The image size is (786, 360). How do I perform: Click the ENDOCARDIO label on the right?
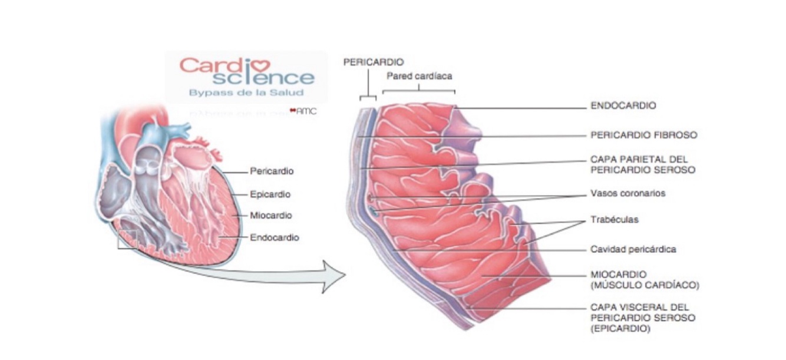pyautogui.click(x=623, y=106)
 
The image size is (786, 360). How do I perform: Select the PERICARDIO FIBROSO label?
pyautogui.click(x=643, y=135)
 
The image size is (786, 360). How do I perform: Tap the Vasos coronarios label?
pyautogui.click(x=628, y=193)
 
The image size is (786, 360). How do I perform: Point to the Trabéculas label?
pyautogui.click(x=614, y=219)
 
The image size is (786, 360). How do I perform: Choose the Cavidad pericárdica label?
pyautogui.click(x=633, y=249)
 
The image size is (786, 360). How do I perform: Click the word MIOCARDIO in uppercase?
pyautogui.click(x=618, y=275)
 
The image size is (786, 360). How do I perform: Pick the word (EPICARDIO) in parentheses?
pyautogui.click(x=620, y=329)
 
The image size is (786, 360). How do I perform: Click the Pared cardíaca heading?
pyautogui.click(x=419, y=76)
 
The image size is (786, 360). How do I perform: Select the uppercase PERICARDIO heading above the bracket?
pyautogui.click(x=374, y=62)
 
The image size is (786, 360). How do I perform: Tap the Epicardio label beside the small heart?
pyautogui.click(x=270, y=194)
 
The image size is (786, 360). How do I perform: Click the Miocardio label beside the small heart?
pyautogui.click(x=270, y=216)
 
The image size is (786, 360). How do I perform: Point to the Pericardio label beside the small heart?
pyautogui.click(x=272, y=171)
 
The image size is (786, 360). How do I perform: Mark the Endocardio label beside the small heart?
pyautogui.click(x=274, y=237)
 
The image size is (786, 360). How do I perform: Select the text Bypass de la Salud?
pyautogui.click(x=246, y=93)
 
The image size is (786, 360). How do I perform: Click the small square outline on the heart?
pyautogui.click(x=127, y=239)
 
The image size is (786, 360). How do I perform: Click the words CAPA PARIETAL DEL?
pyautogui.click(x=639, y=160)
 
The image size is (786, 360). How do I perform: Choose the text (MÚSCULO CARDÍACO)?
pyautogui.click(x=644, y=285)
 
